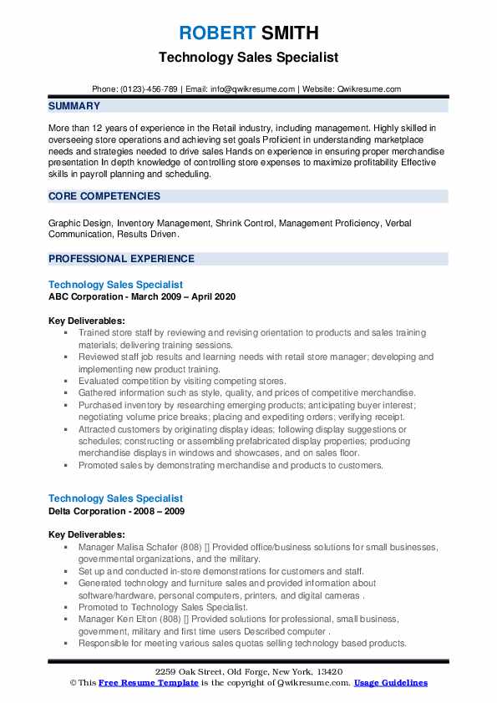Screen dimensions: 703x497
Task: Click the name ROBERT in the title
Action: [x=216, y=33]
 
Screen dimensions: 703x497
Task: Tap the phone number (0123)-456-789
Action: [x=147, y=89]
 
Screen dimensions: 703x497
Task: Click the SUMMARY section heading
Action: [x=74, y=106]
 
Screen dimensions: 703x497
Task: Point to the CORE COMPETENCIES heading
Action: [x=104, y=196]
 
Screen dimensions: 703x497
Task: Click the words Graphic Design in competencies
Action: [x=80, y=223]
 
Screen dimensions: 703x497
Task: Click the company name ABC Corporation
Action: [x=88, y=296]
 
